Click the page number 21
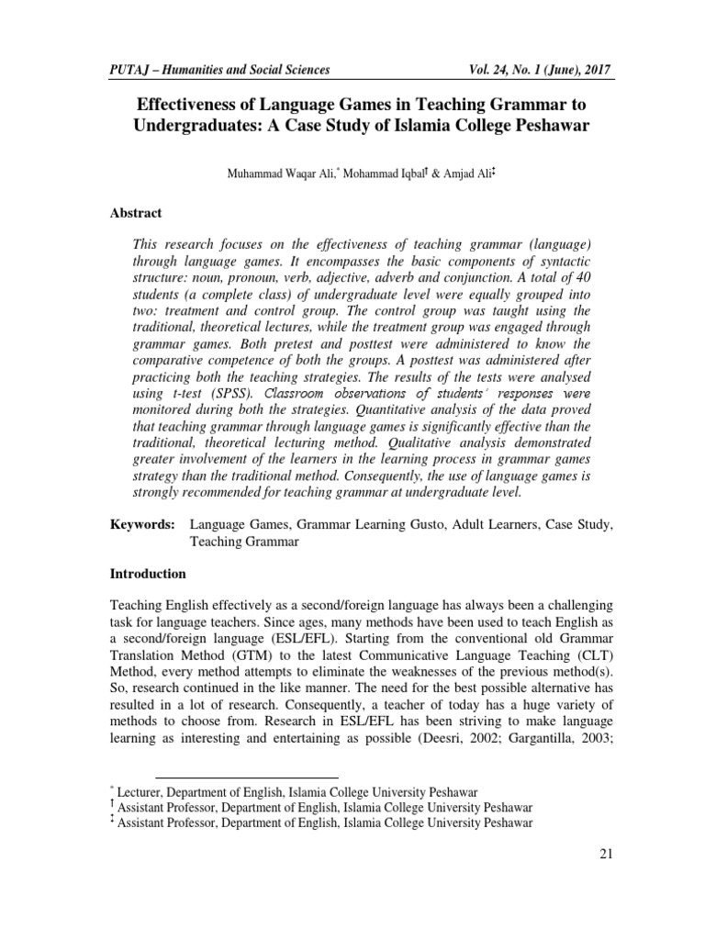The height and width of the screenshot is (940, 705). tap(605, 854)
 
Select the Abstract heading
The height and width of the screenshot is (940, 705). tap(136, 213)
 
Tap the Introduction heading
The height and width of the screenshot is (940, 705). tap(148, 574)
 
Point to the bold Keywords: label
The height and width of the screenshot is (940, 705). tap(142, 525)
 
